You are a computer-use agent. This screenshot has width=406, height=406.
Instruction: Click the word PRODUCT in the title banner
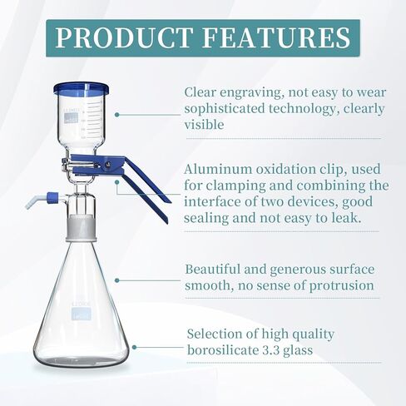click(130, 39)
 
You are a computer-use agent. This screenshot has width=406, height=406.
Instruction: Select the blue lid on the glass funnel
click(82, 88)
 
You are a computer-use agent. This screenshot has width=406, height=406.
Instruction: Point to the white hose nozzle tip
click(31, 203)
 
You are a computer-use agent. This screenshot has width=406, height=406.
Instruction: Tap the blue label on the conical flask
click(81, 313)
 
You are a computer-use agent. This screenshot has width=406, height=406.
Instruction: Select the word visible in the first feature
click(204, 124)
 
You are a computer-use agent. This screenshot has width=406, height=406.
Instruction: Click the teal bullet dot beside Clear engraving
click(116, 115)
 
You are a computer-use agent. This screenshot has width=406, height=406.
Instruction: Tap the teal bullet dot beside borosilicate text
click(134, 347)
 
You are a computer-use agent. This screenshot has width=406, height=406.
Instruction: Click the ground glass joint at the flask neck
click(82, 222)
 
